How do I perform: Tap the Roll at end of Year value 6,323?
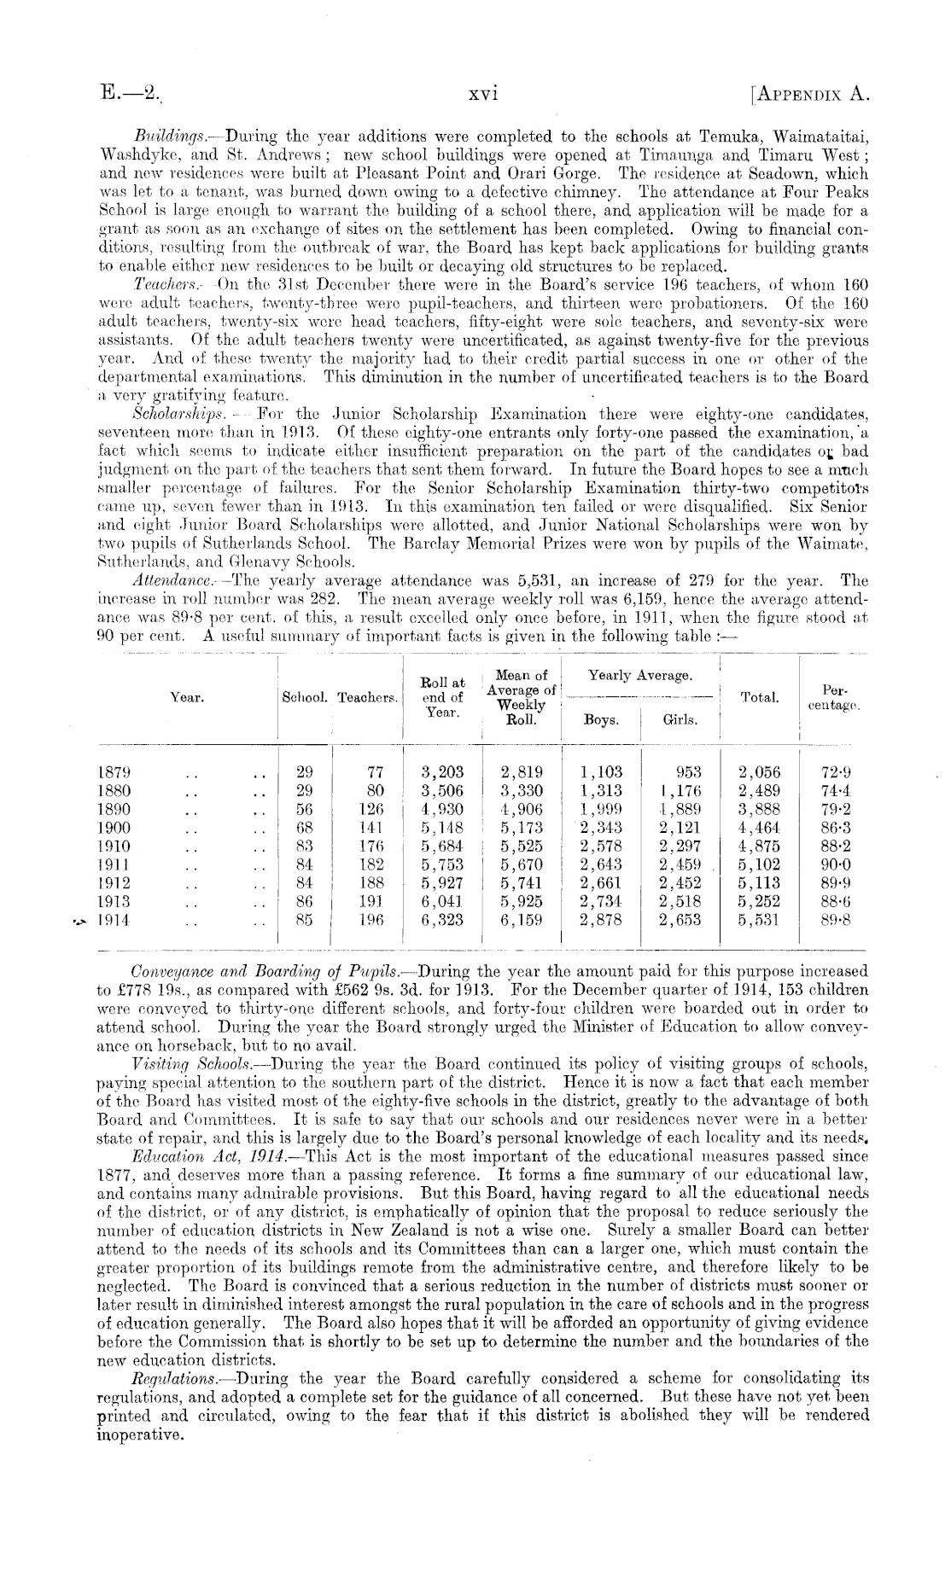point(442,921)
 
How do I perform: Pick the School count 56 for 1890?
point(304,809)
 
